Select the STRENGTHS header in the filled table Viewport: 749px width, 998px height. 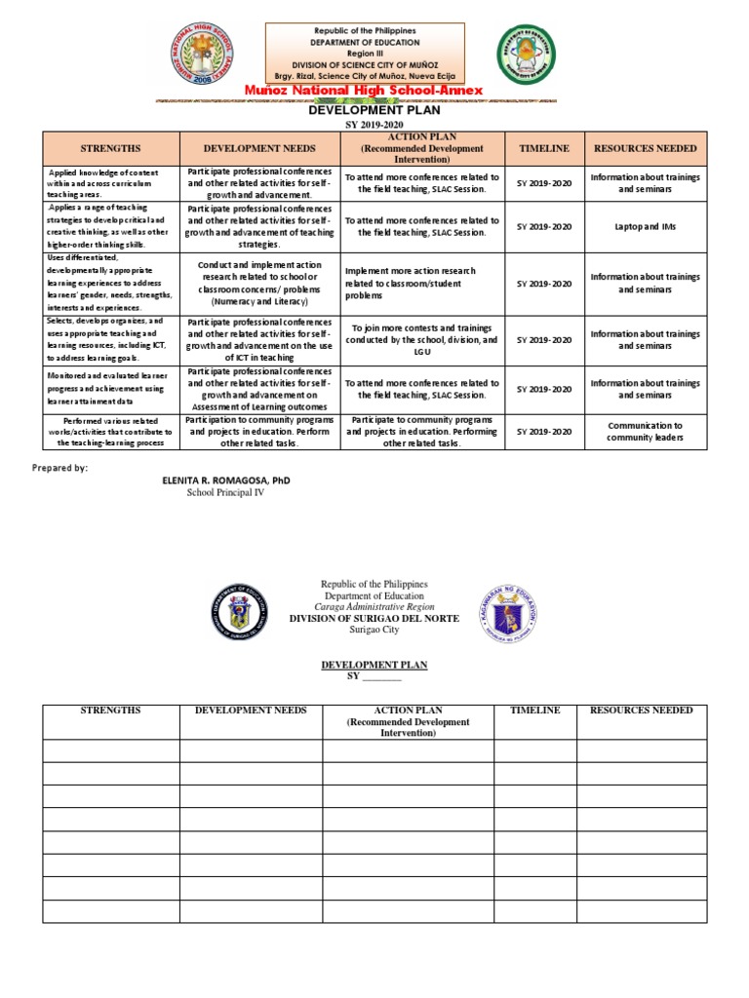[111, 148]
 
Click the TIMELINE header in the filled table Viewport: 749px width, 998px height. [544, 148]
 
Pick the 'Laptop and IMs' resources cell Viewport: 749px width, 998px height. [645, 226]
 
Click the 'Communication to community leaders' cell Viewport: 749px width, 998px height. [645, 432]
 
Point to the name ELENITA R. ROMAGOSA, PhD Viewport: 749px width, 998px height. [225, 481]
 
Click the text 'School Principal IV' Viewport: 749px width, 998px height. [225, 493]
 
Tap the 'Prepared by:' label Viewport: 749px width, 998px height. [59, 468]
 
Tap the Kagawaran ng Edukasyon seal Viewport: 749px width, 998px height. [508, 612]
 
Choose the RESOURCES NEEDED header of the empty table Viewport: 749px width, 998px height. [641, 710]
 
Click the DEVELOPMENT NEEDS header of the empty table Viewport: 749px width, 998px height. [251, 710]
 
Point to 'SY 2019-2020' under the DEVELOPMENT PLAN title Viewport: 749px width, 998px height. [374, 126]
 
